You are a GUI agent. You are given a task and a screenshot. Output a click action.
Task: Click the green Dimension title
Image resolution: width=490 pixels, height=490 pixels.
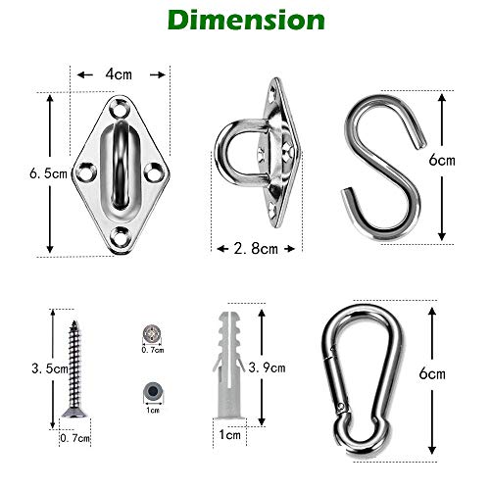point(246,21)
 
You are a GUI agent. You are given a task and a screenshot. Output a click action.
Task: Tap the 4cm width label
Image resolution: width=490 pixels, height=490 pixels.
point(119,74)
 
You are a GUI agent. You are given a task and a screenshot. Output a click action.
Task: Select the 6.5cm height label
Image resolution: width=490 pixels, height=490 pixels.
point(48,173)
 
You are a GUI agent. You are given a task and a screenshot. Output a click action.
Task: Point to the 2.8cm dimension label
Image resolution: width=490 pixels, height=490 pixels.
point(256,249)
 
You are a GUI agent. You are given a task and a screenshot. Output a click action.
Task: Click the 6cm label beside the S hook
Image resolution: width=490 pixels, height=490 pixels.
point(442,160)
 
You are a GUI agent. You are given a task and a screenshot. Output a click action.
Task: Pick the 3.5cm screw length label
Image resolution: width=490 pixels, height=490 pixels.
point(50,368)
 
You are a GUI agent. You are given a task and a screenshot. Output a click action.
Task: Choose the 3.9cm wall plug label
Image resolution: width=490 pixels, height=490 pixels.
point(267,367)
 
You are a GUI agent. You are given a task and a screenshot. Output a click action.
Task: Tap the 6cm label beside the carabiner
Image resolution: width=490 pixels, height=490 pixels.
point(432,373)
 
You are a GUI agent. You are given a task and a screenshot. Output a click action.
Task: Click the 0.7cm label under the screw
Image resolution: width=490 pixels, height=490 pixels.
point(74,438)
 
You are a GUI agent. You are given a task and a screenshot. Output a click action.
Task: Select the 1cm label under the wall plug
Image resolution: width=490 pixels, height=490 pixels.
point(229,435)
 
